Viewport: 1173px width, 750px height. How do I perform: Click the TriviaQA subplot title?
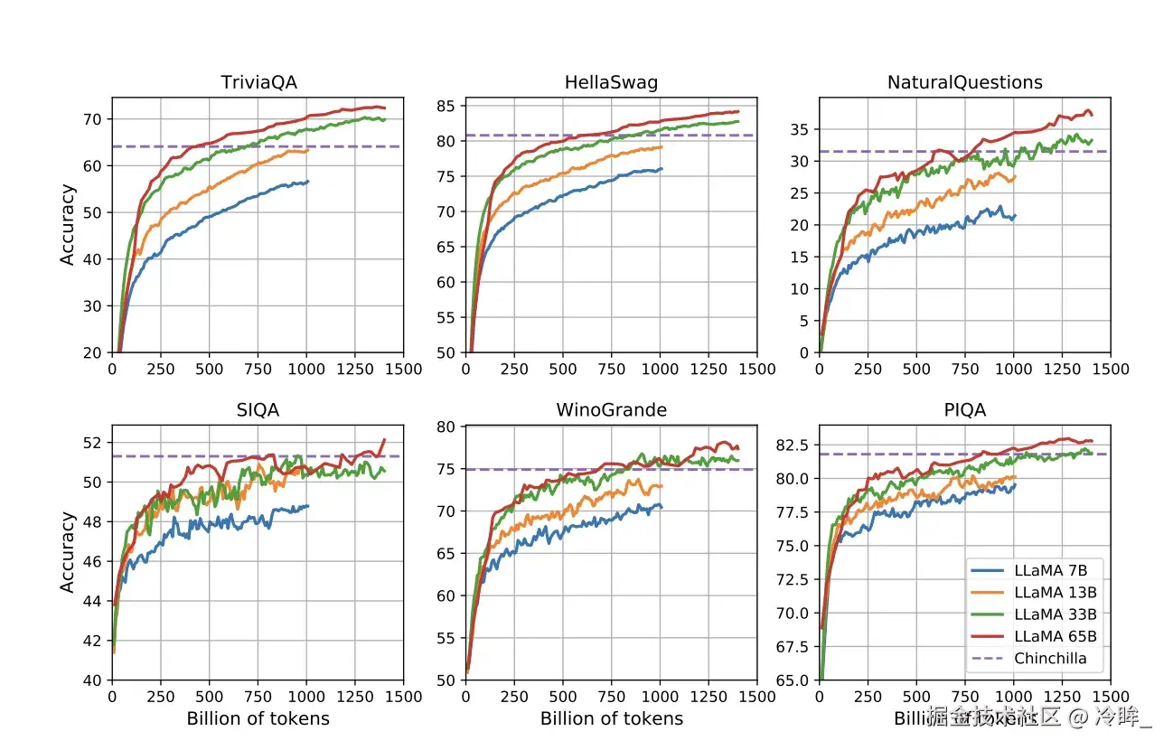[258, 83]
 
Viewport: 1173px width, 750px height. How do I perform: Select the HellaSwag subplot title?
[611, 83]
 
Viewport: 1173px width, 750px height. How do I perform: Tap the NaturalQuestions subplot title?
[964, 83]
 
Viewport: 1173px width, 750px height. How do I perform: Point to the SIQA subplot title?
[258, 410]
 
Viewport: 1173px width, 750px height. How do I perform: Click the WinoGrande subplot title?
[611, 410]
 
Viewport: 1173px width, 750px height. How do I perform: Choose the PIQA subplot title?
[964, 410]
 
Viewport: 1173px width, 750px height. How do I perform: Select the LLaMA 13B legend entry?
[1056, 592]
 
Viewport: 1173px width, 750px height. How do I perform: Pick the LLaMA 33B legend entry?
[1056, 614]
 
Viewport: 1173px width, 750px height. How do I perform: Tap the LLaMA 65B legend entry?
[1056, 636]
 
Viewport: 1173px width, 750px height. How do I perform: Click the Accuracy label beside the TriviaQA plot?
[68, 225]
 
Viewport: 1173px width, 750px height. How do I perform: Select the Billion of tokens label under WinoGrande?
[611, 719]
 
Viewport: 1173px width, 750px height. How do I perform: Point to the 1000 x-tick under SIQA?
[306, 698]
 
